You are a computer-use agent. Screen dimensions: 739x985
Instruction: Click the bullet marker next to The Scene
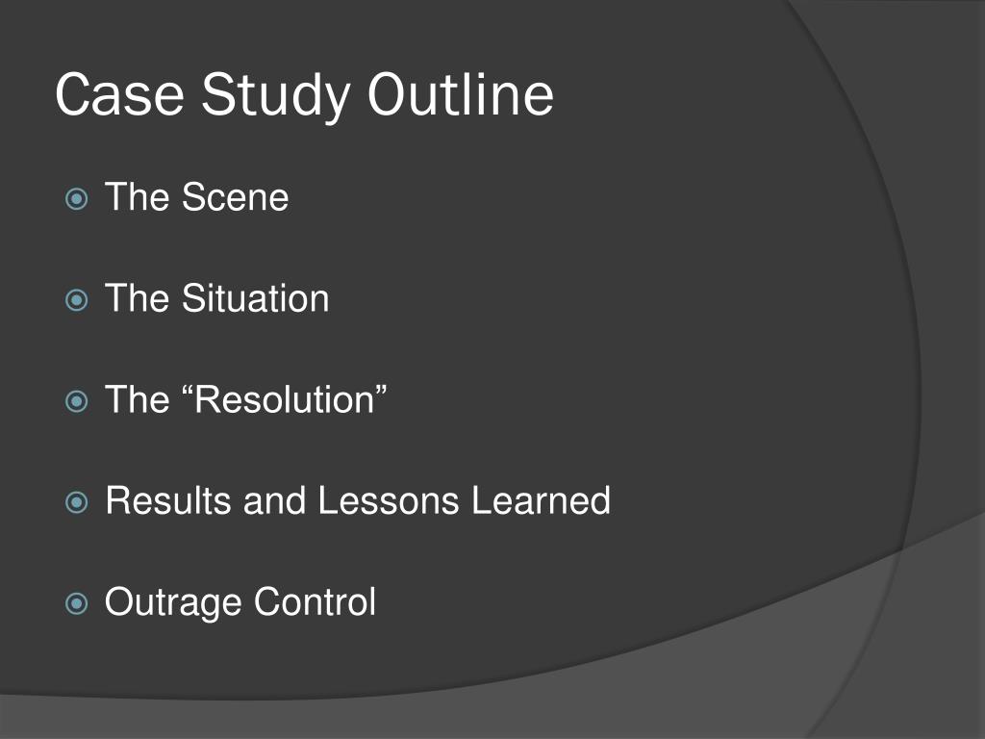click(76, 200)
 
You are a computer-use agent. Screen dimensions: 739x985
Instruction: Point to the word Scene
click(235, 198)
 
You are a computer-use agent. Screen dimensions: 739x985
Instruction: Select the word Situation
click(255, 298)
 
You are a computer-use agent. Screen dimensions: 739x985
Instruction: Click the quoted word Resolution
click(284, 399)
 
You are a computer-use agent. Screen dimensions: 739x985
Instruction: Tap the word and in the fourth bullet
click(274, 501)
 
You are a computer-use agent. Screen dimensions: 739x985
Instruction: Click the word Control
click(315, 602)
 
